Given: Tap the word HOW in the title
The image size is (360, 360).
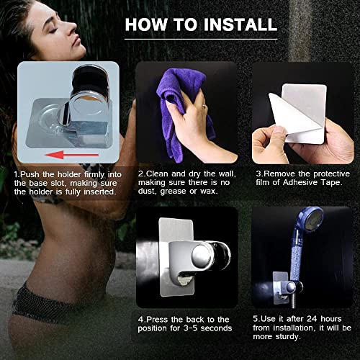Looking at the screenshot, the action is click(146, 24).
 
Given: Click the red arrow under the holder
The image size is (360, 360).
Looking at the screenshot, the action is click(71, 155).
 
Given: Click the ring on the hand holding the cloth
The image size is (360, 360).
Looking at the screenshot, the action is click(204, 106).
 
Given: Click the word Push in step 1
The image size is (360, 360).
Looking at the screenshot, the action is click(30, 174).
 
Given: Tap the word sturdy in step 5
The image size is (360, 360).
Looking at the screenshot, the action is click(287, 337).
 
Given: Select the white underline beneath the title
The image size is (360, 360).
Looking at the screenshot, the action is click(201, 39).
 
